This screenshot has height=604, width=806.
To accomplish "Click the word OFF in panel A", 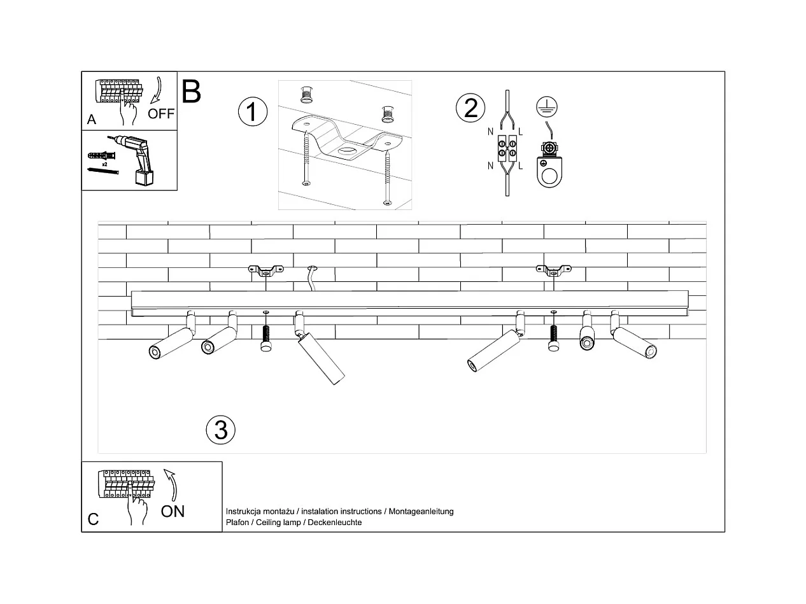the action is click(161, 114).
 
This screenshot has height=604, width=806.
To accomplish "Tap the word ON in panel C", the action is click(173, 512).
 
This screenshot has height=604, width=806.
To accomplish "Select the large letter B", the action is click(191, 92).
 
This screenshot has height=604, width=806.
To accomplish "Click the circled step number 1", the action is click(253, 111).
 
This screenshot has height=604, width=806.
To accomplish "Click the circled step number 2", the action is click(470, 108).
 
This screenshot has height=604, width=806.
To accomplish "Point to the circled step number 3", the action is click(221, 430).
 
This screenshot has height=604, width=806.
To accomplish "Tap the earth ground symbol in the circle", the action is click(547, 107).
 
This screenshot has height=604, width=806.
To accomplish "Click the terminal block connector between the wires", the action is click(507, 148).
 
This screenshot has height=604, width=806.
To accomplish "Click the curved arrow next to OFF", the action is click(157, 90).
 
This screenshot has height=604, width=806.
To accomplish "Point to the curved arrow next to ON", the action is click(171, 484).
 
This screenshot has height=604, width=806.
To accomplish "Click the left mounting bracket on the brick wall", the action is click(266, 270).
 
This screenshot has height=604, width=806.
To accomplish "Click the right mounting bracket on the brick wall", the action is click(553, 270).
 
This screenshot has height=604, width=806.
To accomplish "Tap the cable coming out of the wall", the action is click(312, 278).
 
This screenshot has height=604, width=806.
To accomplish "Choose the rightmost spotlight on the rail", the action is click(633, 336).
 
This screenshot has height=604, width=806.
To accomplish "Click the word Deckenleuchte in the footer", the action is click(334, 522).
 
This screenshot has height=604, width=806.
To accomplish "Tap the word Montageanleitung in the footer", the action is click(421, 512).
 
